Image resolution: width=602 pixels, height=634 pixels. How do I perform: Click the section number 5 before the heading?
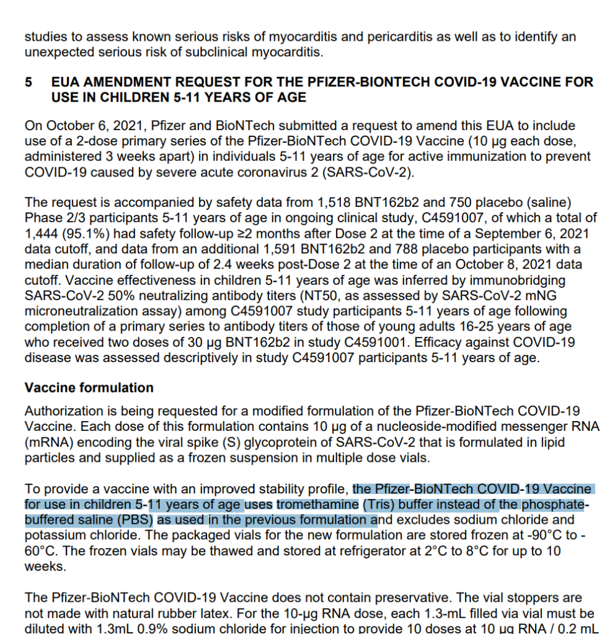(29, 82)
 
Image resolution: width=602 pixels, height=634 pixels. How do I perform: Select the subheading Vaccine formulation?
(89, 388)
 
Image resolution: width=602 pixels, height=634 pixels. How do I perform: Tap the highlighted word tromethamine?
(318, 505)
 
